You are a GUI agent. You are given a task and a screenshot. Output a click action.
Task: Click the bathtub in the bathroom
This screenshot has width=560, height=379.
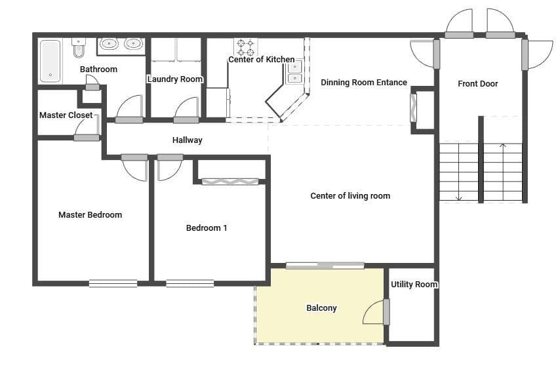(x=50, y=61)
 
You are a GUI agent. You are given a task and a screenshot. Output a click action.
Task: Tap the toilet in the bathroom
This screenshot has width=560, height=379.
(x=79, y=49)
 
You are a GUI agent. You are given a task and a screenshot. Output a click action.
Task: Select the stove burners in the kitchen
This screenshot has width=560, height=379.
(x=245, y=47)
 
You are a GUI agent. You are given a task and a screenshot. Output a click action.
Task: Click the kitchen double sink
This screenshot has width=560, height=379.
(x=295, y=72)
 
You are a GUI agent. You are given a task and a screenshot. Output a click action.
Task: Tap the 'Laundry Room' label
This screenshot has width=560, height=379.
(x=174, y=79)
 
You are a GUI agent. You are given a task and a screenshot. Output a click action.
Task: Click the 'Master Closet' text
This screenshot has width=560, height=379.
(x=66, y=115)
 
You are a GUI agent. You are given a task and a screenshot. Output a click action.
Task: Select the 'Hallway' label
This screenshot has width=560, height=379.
(x=188, y=140)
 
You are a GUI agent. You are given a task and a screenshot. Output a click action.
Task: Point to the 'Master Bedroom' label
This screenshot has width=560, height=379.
(x=90, y=215)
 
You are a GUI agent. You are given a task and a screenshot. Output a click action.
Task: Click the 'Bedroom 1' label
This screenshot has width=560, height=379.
(x=207, y=228)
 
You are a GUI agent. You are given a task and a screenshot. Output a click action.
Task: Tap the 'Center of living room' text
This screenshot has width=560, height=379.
(x=350, y=196)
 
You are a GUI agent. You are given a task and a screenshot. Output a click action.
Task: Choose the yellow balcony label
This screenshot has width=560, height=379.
(x=321, y=308)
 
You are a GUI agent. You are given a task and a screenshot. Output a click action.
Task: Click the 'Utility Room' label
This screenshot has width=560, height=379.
(x=414, y=285)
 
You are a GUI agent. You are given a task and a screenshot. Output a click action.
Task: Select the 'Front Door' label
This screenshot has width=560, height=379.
(x=477, y=84)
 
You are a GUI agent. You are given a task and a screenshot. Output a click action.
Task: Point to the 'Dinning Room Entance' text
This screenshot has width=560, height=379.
(x=364, y=83)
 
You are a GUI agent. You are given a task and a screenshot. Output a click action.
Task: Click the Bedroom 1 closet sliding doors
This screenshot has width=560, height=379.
(x=230, y=182)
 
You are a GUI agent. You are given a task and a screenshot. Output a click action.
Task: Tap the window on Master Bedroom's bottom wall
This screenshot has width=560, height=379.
(x=113, y=283)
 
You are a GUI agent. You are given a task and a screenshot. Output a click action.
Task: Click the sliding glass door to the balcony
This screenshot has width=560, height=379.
(x=325, y=266)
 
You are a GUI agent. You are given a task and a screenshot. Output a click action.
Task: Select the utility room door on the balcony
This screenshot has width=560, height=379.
(x=386, y=312)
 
